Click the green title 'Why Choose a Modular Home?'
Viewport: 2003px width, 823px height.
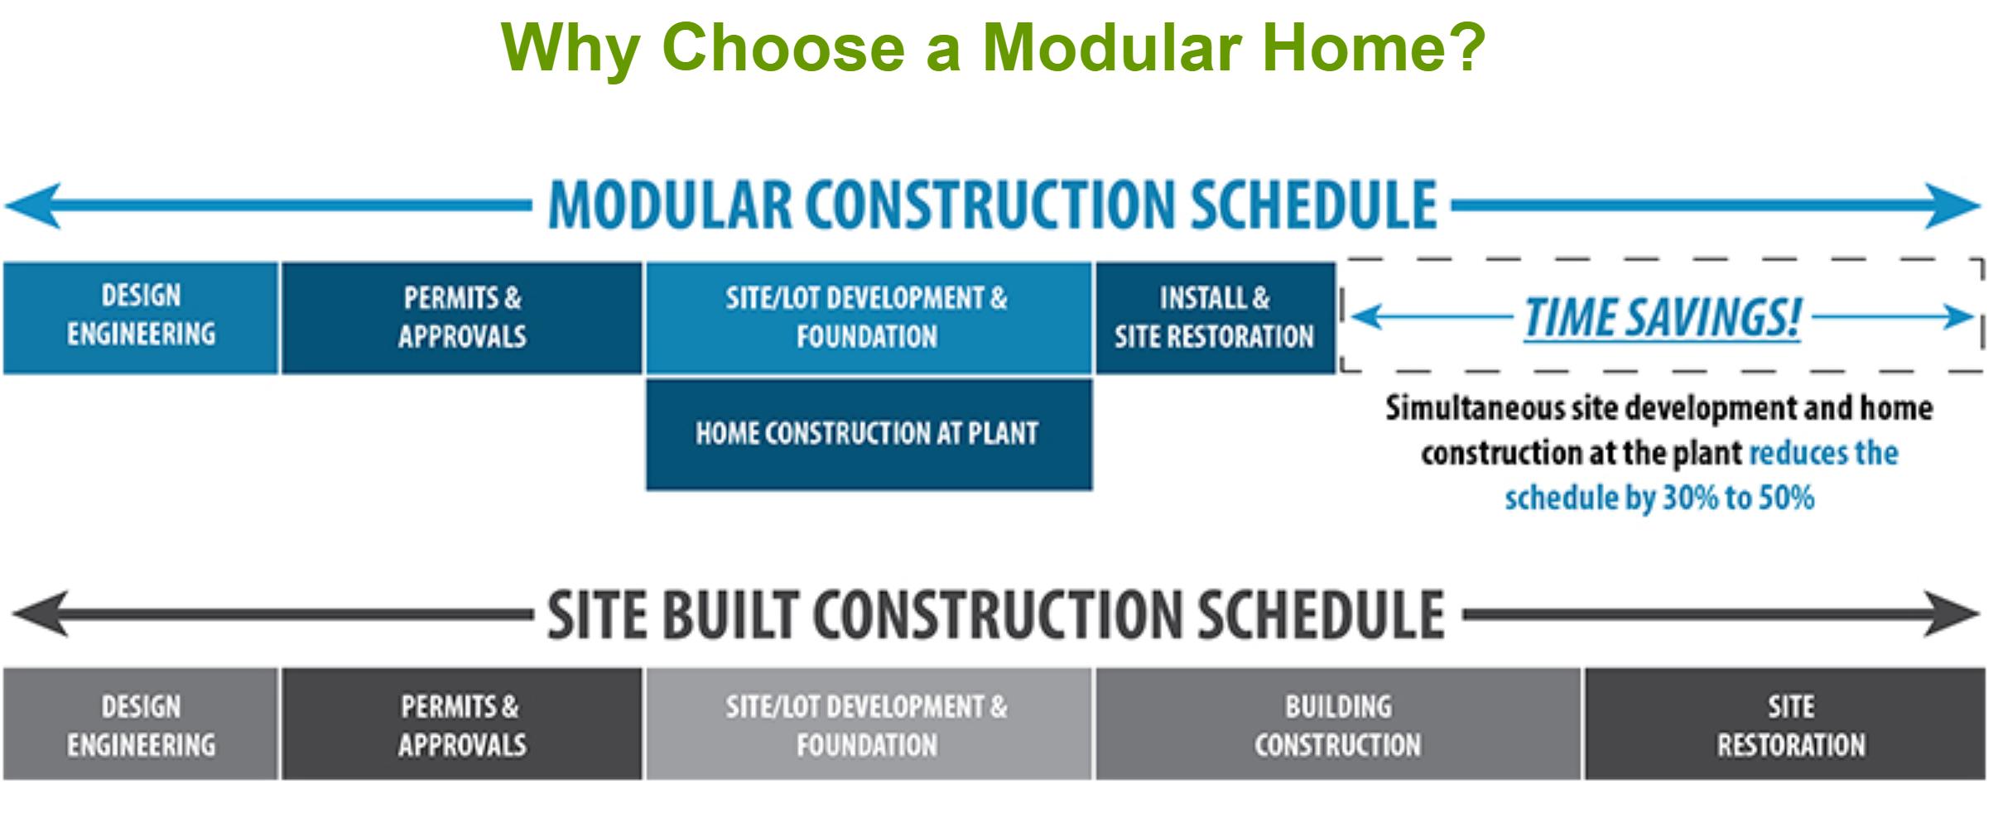point(993,47)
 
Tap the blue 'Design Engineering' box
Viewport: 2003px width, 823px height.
point(141,318)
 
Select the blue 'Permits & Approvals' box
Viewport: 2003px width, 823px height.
point(462,318)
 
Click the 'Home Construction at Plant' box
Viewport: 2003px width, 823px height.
point(869,435)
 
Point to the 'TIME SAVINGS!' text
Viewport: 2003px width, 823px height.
point(1663,317)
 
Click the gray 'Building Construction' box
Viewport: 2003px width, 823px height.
point(1338,724)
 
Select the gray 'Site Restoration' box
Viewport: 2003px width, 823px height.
point(1785,724)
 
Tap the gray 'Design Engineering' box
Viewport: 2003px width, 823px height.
point(141,724)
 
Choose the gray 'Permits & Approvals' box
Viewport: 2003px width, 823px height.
point(462,724)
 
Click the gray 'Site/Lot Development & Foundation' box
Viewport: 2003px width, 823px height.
point(869,724)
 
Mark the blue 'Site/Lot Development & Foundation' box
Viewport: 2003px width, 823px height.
point(869,318)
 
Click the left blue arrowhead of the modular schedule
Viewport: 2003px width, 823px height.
point(33,205)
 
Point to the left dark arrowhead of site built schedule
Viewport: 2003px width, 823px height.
point(40,614)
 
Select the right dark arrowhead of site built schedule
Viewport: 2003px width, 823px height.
point(1952,614)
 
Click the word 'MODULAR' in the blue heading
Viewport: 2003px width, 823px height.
point(670,205)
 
